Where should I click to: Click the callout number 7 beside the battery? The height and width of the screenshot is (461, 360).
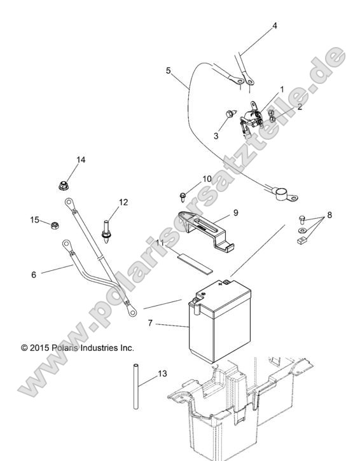(150, 323)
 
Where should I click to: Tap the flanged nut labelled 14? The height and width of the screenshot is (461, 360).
(63, 186)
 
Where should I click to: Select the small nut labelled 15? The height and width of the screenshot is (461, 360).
(55, 226)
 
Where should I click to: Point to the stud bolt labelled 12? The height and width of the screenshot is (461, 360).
(106, 231)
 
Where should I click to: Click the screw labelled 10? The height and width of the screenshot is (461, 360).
(183, 196)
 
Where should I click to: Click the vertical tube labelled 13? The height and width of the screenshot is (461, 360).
(136, 387)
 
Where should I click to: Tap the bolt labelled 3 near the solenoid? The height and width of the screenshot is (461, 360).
(231, 113)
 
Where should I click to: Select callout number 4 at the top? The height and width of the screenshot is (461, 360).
(274, 26)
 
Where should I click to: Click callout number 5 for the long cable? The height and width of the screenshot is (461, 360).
(169, 71)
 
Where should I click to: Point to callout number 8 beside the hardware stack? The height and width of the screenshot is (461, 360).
(329, 215)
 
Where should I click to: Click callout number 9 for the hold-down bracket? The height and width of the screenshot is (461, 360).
(235, 212)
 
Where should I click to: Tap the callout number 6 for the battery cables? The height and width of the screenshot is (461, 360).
(34, 275)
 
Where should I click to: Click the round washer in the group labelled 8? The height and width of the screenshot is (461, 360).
(301, 230)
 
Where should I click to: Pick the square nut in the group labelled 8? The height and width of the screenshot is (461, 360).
(301, 241)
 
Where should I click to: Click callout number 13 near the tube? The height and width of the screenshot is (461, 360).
(162, 373)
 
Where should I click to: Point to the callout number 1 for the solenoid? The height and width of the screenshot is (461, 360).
(282, 89)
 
